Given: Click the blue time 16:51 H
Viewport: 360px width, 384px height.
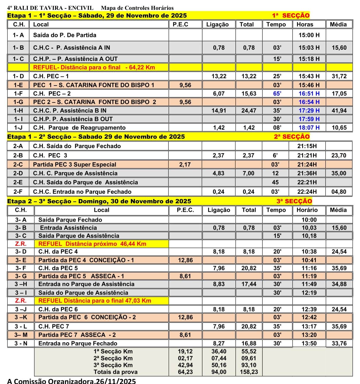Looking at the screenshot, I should click(x=309, y=94).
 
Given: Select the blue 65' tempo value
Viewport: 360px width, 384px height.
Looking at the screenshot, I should click(x=277, y=94).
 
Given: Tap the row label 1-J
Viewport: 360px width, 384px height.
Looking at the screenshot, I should click(x=18, y=128).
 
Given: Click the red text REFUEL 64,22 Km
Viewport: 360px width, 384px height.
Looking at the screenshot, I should click(x=94, y=67).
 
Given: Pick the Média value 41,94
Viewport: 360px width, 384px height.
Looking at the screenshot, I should click(x=339, y=110).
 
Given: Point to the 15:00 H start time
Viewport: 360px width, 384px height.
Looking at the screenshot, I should click(x=309, y=35).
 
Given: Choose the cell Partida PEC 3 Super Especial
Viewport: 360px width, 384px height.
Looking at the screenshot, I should click(x=74, y=164).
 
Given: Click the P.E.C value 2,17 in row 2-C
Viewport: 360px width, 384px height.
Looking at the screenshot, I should click(x=185, y=164).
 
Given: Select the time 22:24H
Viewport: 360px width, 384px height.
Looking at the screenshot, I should click(x=307, y=192).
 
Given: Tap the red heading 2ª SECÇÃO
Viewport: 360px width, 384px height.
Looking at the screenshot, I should click(x=292, y=137).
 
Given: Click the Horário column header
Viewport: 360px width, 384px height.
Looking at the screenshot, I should click(x=307, y=210).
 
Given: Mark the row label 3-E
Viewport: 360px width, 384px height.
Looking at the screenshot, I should click(x=21, y=260).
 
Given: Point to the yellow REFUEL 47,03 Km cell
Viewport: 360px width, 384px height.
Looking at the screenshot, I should click(x=95, y=301).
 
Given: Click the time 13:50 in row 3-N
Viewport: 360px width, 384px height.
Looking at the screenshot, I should click(x=309, y=343).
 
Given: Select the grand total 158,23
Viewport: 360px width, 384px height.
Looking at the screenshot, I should click(x=249, y=372).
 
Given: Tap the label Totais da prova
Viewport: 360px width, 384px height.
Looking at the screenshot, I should click(x=116, y=372).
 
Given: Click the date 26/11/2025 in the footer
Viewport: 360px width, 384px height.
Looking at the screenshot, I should click(x=116, y=381).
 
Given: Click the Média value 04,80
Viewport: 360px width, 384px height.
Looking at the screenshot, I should click(x=339, y=192).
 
